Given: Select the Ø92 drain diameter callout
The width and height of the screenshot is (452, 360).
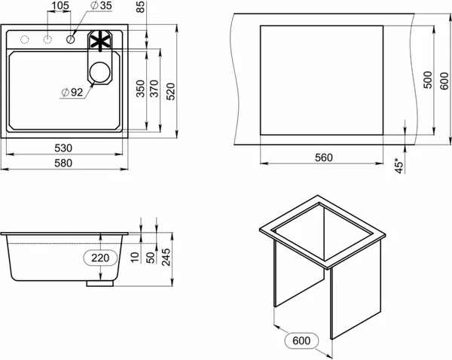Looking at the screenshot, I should [x=72, y=93].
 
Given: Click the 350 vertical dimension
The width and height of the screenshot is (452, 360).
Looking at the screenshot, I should [x=140, y=90].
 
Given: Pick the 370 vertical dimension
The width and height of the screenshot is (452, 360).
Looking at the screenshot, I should [x=155, y=90].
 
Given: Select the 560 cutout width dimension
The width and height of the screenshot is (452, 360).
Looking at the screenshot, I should [x=322, y=157].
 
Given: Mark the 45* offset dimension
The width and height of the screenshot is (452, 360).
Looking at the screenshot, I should [x=399, y=164].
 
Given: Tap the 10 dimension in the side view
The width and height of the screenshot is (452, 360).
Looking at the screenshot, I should [x=134, y=258].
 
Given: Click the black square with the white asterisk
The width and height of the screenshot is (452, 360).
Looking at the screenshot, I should [x=100, y=39].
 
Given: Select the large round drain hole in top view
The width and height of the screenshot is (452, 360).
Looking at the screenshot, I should [x=99, y=72].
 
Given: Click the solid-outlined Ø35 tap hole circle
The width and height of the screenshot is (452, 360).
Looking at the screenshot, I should [x=71, y=39].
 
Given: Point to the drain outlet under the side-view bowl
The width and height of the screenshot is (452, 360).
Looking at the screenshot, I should [x=98, y=284].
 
